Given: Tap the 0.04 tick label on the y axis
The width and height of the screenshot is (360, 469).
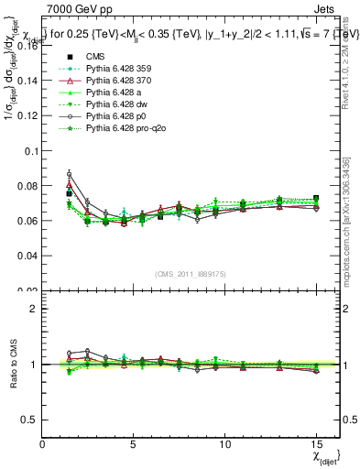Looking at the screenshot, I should point(27,256).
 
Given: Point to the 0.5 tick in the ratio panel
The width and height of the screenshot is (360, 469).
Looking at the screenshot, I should point(30,420).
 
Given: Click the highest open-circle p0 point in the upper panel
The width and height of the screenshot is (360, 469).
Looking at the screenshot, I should point(69,173).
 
